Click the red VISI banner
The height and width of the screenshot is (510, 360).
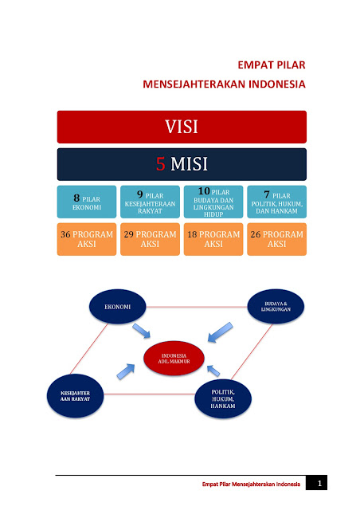coord(182,127)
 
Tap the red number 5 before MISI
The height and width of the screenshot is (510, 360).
coord(161,163)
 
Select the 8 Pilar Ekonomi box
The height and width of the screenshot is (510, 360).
coord(87,202)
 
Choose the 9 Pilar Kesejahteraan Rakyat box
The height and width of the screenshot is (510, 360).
coord(150,202)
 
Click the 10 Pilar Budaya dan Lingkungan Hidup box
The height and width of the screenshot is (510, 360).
coord(213,202)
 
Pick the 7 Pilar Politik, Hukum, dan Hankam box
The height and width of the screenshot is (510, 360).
coord(276,202)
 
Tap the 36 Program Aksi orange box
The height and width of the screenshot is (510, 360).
coord(87,239)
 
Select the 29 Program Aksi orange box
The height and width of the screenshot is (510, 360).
coord(150,239)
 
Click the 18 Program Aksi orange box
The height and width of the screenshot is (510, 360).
coord(213,239)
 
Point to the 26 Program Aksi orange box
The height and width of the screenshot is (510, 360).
coord(276,239)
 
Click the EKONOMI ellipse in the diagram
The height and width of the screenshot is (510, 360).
coord(117,306)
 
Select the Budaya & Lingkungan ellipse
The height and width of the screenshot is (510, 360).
coord(276,306)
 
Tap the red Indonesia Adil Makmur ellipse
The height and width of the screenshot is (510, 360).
coord(174,358)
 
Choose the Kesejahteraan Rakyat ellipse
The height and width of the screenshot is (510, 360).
coord(75,396)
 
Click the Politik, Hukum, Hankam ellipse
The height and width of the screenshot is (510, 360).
coord(223,398)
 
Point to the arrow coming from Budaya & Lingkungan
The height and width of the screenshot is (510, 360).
coord(220,332)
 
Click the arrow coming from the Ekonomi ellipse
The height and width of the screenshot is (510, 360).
coord(142,331)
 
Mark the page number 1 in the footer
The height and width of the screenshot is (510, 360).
coord(319,484)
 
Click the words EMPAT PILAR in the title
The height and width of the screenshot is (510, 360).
coord(272,65)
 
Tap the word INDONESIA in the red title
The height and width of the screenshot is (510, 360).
coord(277,84)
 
